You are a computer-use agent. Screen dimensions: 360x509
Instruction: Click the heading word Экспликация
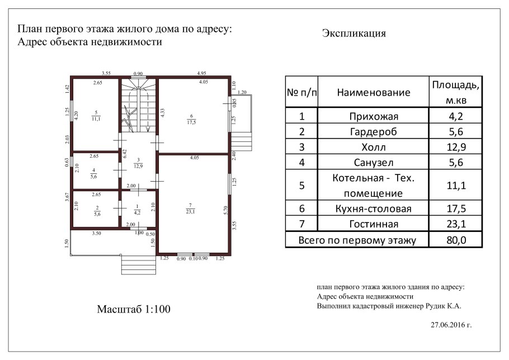(x=354, y=33)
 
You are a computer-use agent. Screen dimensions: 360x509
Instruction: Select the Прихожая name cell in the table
(x=373, y=116)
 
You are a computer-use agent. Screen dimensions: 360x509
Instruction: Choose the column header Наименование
(x=373, y=92)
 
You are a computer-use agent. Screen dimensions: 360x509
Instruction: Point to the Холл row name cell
(x=373, y=147)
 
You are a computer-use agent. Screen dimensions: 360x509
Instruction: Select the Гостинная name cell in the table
(x=373, y=224)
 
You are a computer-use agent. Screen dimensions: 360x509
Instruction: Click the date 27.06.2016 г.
(x=451, y=324)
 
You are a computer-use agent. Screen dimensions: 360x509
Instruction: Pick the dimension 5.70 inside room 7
(x=225, y=210)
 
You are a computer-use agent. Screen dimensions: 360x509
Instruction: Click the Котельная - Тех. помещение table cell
(x=373, y=186)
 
